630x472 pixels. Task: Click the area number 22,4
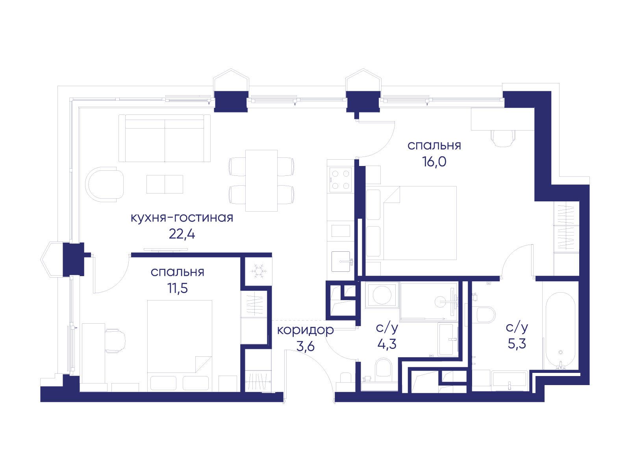click(x=182, y=234)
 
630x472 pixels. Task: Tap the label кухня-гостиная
click(x=182, y=218)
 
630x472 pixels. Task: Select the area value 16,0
click(x=434, y=162)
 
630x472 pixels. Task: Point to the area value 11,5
click(x=178, y=288)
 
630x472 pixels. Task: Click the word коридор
click(x=306, y=330)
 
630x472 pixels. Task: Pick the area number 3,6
click(x=306, y=346)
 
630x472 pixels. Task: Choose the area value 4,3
click(x=387, y=344)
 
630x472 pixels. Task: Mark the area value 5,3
click(x=517, y=344)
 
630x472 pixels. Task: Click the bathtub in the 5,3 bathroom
click(x=560, y=331)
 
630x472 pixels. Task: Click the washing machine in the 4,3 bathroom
click(x=382, y=295)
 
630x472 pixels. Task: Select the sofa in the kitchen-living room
click(x=165, y=138)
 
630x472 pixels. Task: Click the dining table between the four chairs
click(x=261, y=181)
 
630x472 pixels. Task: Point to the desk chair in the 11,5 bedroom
click(x=115, y=341)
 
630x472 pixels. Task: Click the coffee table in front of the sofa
click(x=165, y=184)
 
